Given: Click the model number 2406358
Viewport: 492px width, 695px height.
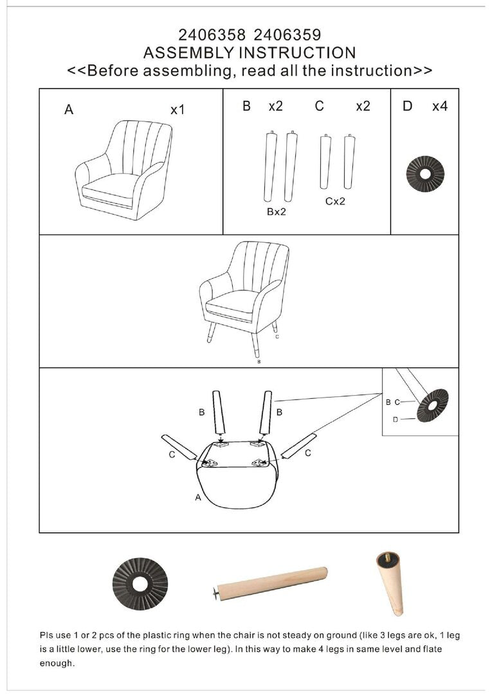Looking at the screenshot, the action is coord(212,35).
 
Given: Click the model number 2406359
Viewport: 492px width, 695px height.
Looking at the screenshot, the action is coord(287,35).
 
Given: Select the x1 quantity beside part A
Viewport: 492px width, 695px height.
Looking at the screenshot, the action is coord(178,109).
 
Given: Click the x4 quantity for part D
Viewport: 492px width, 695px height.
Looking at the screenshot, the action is coord(440,107).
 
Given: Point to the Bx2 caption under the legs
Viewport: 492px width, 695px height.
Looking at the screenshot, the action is coord(277,212).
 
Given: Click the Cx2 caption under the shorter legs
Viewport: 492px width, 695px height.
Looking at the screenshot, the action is coord(335,201).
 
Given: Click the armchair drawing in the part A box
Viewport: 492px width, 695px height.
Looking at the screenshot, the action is coord(123,170).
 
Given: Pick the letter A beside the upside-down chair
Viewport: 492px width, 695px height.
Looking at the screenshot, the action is coord(198,497).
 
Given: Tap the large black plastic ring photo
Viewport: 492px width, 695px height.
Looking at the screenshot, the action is coord(140,584).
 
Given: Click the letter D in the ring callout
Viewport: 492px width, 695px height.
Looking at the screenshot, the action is coord(396,419).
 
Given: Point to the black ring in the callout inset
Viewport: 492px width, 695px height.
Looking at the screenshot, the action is coord(433,405).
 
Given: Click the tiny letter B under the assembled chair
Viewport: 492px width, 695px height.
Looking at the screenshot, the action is coord(259,362).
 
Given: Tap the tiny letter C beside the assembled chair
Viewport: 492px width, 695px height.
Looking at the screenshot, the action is coord(277,337).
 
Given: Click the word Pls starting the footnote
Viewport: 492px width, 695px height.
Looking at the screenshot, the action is coord(46,635).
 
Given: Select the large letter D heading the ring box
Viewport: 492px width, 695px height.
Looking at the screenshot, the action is coord(407,107).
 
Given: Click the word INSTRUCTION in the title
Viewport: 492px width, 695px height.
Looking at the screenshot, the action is coord(297,53).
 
